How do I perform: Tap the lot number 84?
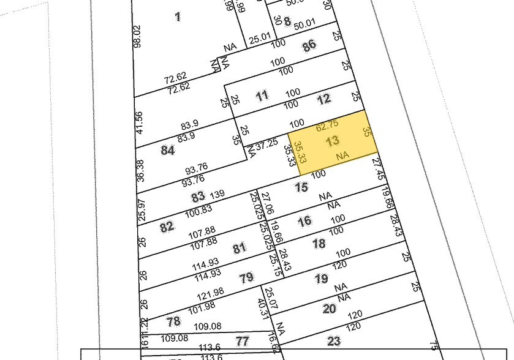(168, 150)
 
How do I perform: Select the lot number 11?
(262, 96)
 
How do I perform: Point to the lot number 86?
(309, 45)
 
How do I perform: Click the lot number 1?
(178, 17)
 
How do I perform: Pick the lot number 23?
(334, 341)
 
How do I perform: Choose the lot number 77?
(243, 341)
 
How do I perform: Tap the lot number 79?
(246, 278)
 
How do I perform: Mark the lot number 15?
(301, 187)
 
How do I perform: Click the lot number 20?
(330, 309)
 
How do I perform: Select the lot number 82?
(167, 227)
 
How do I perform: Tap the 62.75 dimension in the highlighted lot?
(327, 124)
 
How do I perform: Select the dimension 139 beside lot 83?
(217, 195)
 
